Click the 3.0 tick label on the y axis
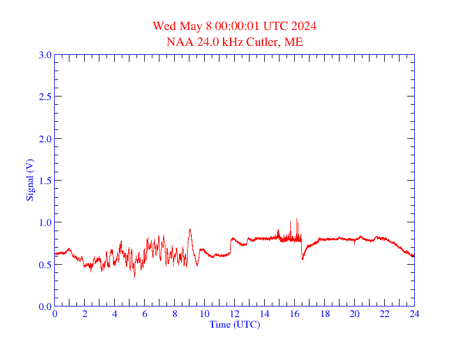[x=45, y=55]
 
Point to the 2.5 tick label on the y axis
[x=45, y=96]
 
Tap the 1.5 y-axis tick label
[x=45, y=181]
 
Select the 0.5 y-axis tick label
[x=45, y=265]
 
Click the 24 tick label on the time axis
[x=414, y=314]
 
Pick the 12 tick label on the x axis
[x=234, y=314]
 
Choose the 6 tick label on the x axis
[x=145, y=314]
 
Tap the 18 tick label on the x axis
[x=324, y=314]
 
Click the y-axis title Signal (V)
[x=29, y=180]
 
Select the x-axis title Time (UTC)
[x=234, y=324]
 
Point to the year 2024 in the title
[x=304, y=26]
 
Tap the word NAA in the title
[x=177, y=42]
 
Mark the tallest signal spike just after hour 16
[x=297, y=219]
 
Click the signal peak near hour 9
[x=189, y=229]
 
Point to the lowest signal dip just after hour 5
[x=134, y=277]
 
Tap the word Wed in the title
[x=163, y=26]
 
